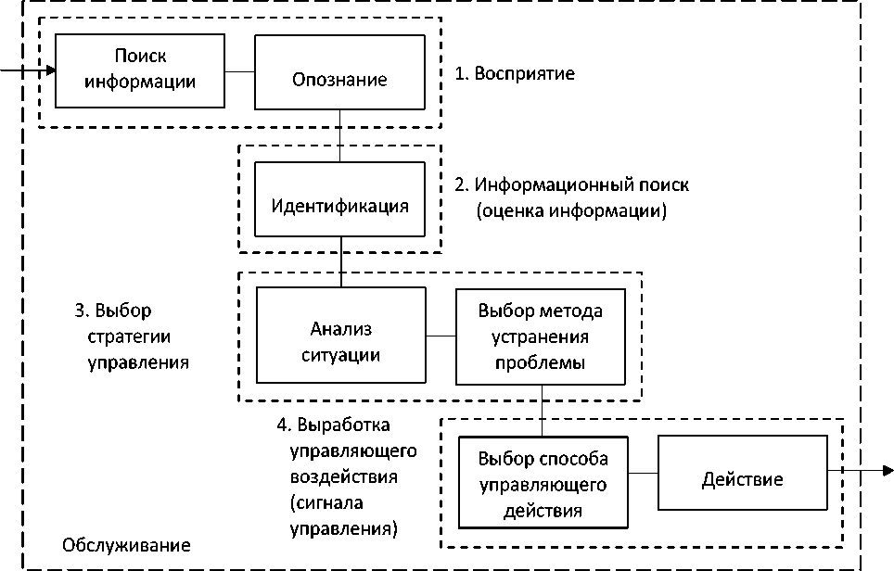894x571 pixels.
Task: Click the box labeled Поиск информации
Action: (x=139, y=70)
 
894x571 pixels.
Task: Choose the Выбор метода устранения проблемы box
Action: (x=540, y=336)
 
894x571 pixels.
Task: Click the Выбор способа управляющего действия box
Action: (x=543, y=483)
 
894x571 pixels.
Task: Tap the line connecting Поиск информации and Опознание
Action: (x=239, y=70)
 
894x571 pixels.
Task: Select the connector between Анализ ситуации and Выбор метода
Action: (x=441, y=336)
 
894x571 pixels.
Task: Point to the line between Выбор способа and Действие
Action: (x=643, y=474)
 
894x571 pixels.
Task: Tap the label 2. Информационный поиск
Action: (x=571, y=184)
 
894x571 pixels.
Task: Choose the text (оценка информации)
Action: (x=571, y=211)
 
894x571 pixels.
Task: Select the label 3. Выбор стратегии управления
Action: (x=132, y=336)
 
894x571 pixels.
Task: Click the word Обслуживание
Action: (x=126, y=545)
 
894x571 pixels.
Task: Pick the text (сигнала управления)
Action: (x=343, y=517)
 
